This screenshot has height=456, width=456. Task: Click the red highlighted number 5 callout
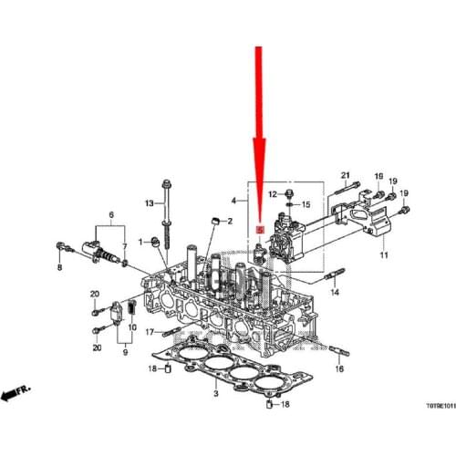[x=260, y=231]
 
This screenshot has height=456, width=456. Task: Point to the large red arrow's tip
[x=260, y=217]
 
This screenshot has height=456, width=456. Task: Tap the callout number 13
[x=148, y=202]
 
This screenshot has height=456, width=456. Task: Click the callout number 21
[x=346, y=174]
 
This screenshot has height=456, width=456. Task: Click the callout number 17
[x=150, y=332]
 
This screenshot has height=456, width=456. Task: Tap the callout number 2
[x=230, y=222]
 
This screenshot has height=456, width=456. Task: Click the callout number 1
[x=141, y=241]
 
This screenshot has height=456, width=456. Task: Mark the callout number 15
[x=306, y=203]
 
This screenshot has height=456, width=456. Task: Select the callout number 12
[x=272, y=194]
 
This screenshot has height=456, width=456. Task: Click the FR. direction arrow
[x=16, y=393]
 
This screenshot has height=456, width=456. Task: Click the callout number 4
[x=233, y=200]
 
